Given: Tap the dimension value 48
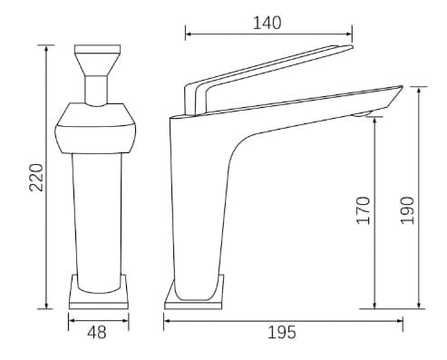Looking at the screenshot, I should click(x=97, y=332).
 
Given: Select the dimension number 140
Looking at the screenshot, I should click(x=267, y=21).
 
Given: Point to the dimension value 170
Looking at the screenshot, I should click(x=364, y=209).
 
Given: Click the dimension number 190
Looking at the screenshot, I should click(x=406, y=209).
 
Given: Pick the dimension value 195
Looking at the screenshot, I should click(x=282, y=332).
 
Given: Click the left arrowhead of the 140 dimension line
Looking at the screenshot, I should click(x=189, y=36).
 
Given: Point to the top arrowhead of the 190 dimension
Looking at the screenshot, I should click(x=419, y=89).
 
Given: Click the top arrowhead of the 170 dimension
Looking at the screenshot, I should click(x=375, y=118).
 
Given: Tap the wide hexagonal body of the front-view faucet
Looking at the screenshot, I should click(x=97, y=127).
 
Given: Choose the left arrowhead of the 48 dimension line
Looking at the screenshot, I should click(x=72, y=317).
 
